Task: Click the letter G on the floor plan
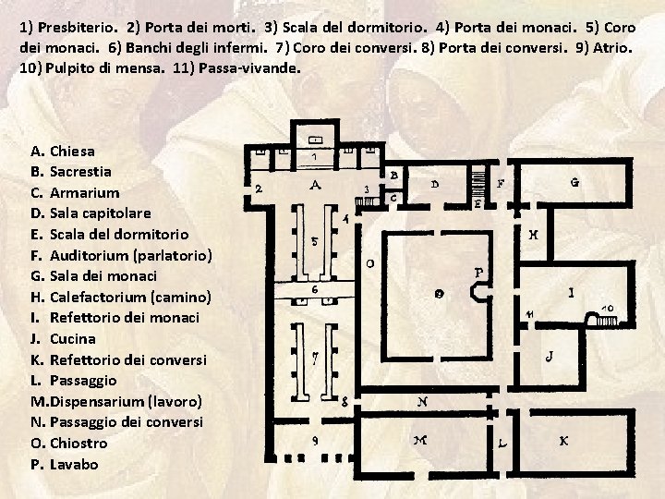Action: (x=574, y=183)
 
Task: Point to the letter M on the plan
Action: (x=420, y=441)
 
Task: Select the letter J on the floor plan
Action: (x=550, y=354)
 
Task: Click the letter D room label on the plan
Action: (x=435, y=184)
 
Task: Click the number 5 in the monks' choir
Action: (x=314, y=242)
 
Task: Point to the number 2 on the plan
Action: (x=259, y=188)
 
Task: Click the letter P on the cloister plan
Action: (x=478, y=273)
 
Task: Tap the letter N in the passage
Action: (x=421, y=401)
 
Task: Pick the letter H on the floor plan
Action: (x=534, y=235)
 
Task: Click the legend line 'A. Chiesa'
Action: (x=62, y=151)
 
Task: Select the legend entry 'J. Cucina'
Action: (x=62, y=338)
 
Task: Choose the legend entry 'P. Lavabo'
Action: (x=64, y=464)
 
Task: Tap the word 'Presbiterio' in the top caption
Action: (x=73, y=28)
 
